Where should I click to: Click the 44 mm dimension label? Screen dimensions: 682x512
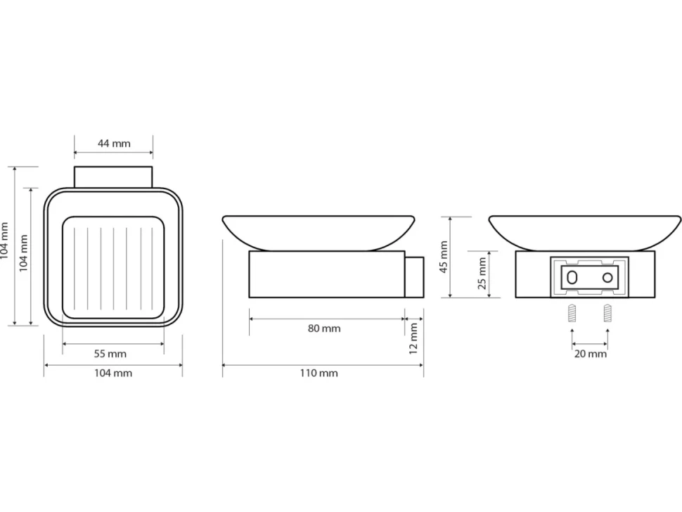pos(113,143)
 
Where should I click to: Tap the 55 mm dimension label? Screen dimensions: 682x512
pos(110,354)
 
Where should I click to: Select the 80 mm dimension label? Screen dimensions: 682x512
pos(324,328)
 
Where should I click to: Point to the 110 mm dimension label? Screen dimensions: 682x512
pos(319,373)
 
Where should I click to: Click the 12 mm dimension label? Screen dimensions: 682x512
pos(413,338)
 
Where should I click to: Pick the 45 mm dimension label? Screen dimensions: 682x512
pos(443,257)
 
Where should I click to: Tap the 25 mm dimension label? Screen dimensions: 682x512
pos(482,273)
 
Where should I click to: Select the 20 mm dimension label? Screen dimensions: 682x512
pos(590,354)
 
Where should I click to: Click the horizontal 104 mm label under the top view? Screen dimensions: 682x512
pos(113,373)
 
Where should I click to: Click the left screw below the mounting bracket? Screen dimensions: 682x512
pos(572,313)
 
